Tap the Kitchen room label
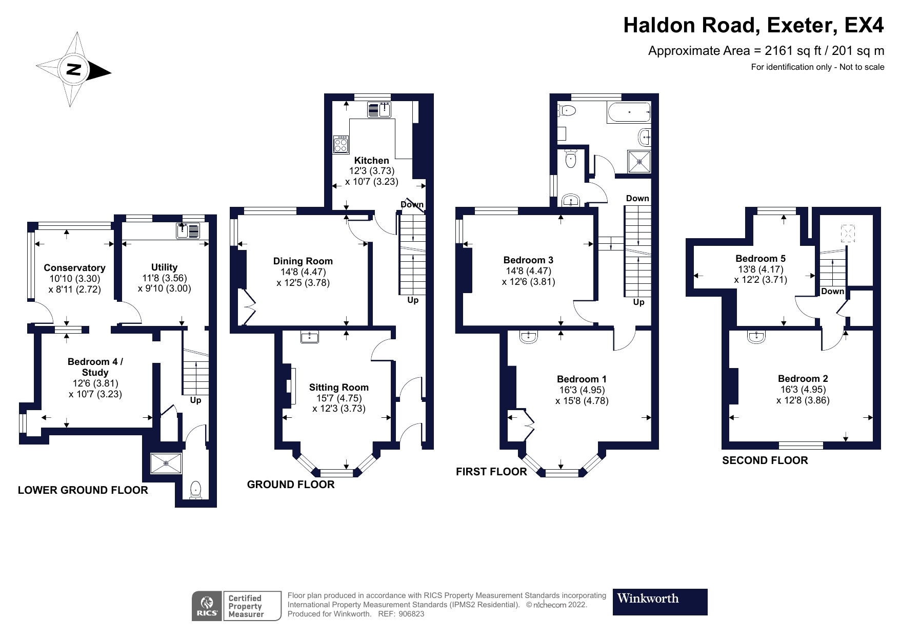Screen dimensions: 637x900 (x=371, y=160)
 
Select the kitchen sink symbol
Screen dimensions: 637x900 (x=379, y=110)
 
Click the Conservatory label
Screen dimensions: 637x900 (x=74, y=267)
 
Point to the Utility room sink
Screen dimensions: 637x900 (x=188, y=231)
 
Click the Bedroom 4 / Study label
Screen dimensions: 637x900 (x=95, y=367)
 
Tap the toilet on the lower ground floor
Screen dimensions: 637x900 (x=195, y=490)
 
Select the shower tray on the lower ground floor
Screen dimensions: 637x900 (x=166, y=463)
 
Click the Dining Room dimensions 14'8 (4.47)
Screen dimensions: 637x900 (x=303, y=272)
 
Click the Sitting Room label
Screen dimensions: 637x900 (x=338, y=388)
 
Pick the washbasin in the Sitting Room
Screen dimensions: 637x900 (x=309, y=337)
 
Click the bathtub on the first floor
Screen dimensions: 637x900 (x=629, y=112)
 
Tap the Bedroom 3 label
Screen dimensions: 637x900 (x=528, y=260)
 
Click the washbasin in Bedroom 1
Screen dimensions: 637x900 (x=528, y=337)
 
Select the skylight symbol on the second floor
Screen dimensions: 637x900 (x=848, y=234)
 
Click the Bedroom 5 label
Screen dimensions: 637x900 (x=760, y=258)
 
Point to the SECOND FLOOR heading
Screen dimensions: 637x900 (x=765, y=460)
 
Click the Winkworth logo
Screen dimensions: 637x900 (x=659, y=602)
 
